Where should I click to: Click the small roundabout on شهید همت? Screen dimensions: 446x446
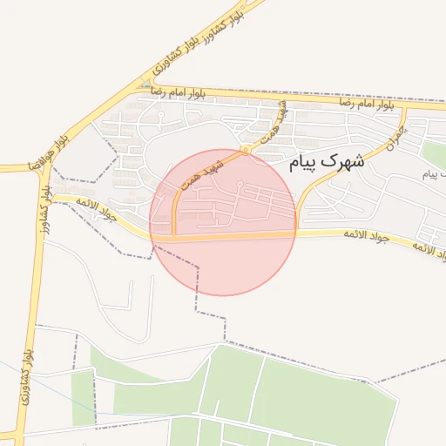click(x=247, y=151)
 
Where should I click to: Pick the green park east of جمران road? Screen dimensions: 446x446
click(x=433, y=153)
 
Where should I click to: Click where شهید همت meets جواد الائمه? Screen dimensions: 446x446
click(x=174, y=236)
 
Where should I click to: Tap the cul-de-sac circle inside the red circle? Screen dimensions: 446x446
click(x=240, y=183)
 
